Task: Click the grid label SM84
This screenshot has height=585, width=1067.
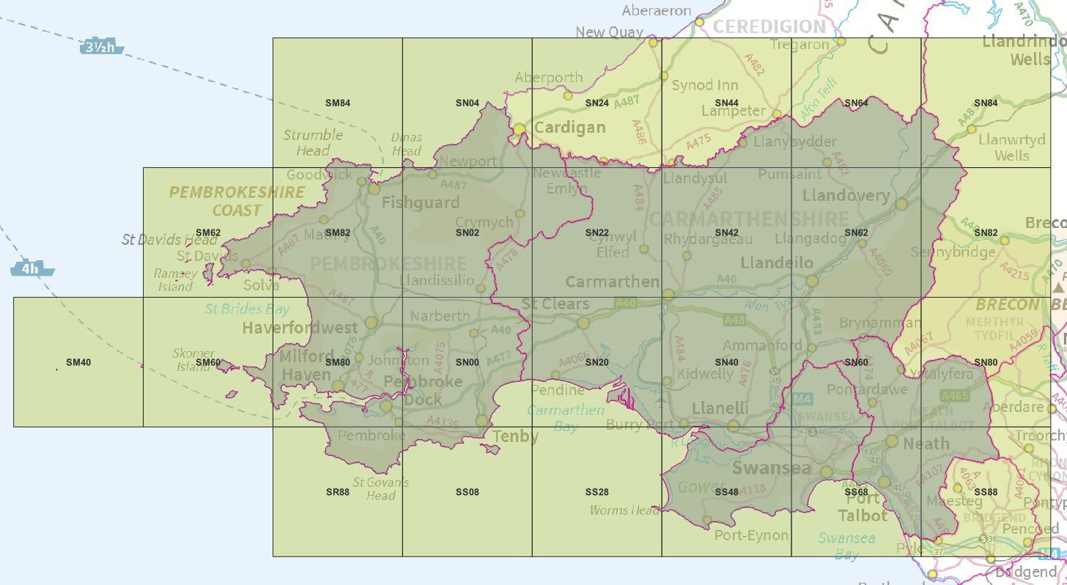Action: coord(338,103)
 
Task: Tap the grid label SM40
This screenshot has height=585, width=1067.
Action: coord(78,362)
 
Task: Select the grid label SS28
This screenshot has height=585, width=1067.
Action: coord(597,492)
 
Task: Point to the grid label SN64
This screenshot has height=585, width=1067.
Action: coord(856,103)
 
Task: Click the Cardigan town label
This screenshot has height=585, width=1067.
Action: coord(569,128)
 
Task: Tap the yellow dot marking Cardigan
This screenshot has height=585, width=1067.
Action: coord(519,130)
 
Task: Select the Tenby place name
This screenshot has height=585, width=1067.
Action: coord(515,437)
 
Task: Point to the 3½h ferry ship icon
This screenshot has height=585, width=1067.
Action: coord(101,48)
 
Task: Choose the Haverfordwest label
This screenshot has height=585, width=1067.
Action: coord(300,328)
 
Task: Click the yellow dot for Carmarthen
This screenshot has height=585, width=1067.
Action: coord(668,294)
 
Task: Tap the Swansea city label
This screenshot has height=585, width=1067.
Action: coord(771,468)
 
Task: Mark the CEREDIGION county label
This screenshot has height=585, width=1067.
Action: coord(769,26)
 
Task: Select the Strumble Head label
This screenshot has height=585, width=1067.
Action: coord(313,142)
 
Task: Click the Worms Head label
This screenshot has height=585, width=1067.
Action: coord(624,510)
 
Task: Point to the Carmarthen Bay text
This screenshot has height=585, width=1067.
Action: coord(566,418)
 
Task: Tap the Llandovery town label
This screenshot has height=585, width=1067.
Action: coord(846,196)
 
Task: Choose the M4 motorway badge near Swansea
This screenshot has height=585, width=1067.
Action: coord(802,399)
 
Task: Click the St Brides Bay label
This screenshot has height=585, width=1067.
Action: coord(247,309)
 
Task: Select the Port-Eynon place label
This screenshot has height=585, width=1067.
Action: coord(751,535)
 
